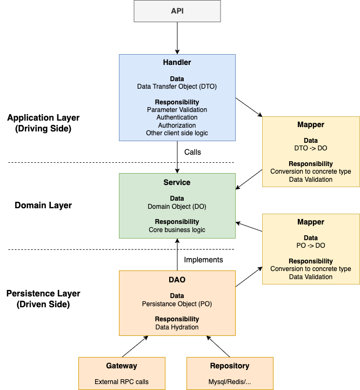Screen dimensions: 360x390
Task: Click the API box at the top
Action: point(177,11)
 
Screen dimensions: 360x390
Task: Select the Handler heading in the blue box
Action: point(177,62)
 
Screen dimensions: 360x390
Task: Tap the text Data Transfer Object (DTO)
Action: point(177,87)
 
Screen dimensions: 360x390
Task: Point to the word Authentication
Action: point(177,117)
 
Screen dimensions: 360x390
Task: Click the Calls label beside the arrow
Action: point(192,152)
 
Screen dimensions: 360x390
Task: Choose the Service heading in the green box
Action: point(177,182)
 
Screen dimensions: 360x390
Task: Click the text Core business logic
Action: point(177,230)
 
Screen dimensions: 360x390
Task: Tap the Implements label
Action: point(203,260)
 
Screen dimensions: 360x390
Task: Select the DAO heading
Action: point(177,280)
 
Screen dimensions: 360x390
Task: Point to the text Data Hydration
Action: point(177,327)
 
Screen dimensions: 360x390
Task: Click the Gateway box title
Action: point(122,366)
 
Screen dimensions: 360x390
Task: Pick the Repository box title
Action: point(230,366)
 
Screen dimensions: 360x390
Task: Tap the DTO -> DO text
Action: point(311,148)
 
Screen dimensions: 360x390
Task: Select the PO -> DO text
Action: point(311,246)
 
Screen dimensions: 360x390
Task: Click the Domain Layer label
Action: point(43,205)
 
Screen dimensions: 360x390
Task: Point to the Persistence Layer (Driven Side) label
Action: point(43,299)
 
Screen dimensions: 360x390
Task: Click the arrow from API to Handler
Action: point(177,38)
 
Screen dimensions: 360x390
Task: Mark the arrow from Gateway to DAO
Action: point(135,347)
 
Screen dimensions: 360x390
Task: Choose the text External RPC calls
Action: point(122,382)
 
